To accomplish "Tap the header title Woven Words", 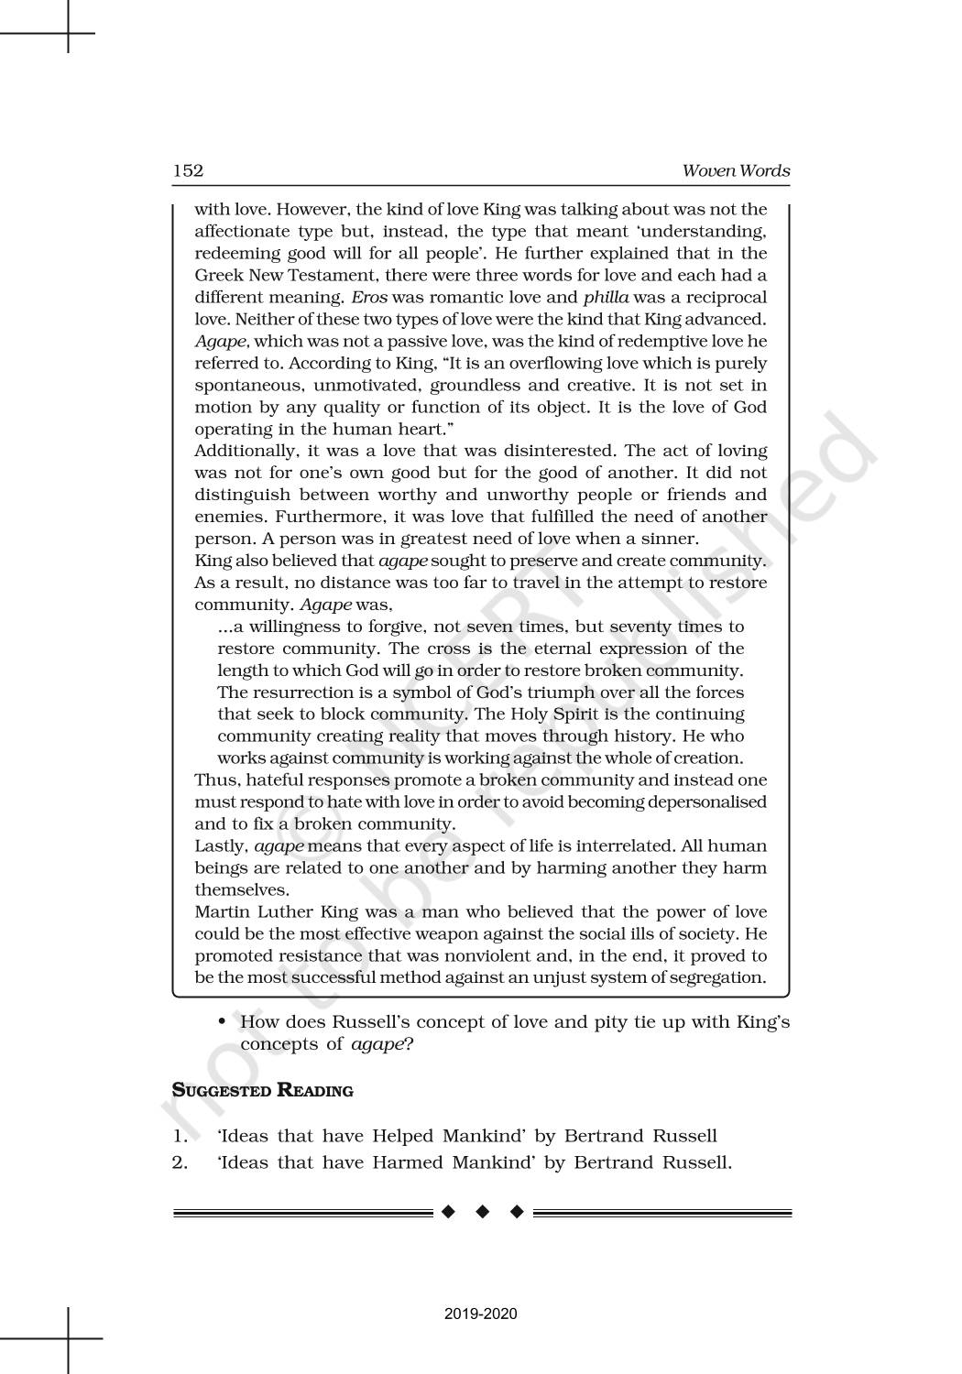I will coord(736,171).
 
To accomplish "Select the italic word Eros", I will coord(357,297).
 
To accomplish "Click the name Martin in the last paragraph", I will coord(224,911).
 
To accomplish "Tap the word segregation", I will coord(713,977).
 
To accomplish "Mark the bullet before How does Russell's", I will coord(223,1022).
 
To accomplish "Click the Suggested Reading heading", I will coord(263,1090).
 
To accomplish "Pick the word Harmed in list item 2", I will coord(408,1163).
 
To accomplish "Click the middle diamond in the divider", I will coord(482,1213).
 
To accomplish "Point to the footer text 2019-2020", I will coord(481,1314).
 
